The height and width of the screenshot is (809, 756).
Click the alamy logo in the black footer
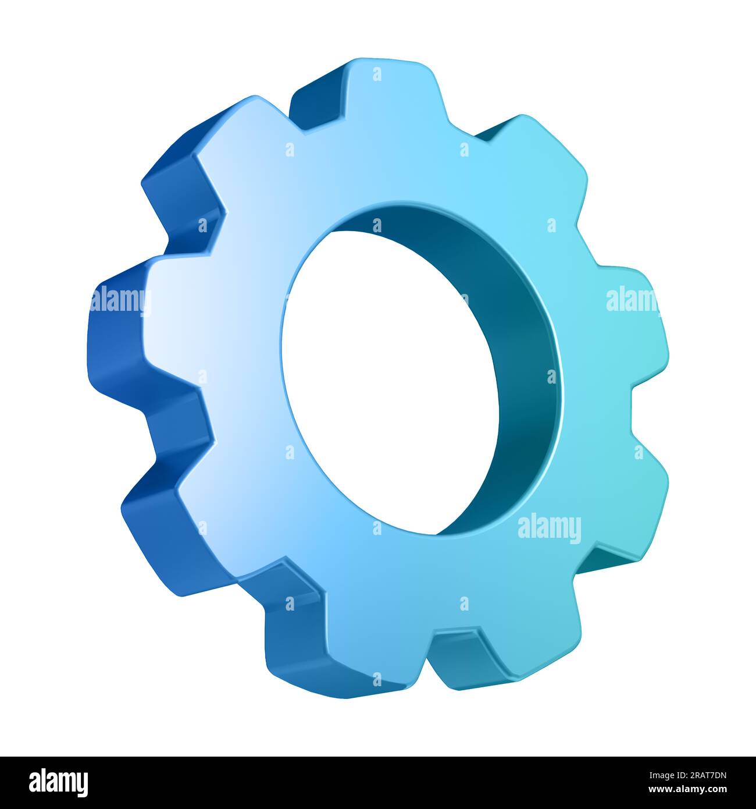[59, 782]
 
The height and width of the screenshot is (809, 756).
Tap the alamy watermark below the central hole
[549, 528]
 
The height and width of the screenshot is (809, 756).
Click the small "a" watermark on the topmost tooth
[377, 74]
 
